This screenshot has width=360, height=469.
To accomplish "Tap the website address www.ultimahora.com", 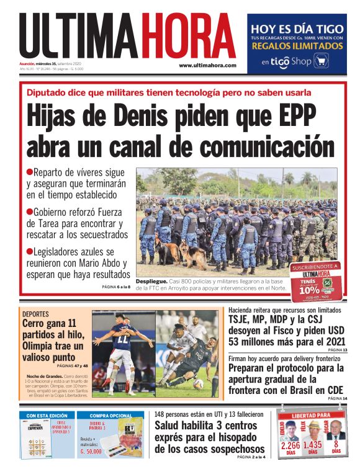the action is (x=208, y=65).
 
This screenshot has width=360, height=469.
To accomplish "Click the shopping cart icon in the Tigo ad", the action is (x=321, y=61).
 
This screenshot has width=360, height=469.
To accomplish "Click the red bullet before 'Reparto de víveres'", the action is (x=29, y=172).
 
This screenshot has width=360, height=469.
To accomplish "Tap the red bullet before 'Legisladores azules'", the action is (x=29, y=251).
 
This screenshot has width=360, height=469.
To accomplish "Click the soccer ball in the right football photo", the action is (x=198, y=383).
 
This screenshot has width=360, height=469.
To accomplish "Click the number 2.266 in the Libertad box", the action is (x=290, y=445).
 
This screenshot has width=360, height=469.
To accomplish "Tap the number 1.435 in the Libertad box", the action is (x=312, y=445).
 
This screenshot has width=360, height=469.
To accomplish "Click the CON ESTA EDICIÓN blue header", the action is (x=47, y=415).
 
